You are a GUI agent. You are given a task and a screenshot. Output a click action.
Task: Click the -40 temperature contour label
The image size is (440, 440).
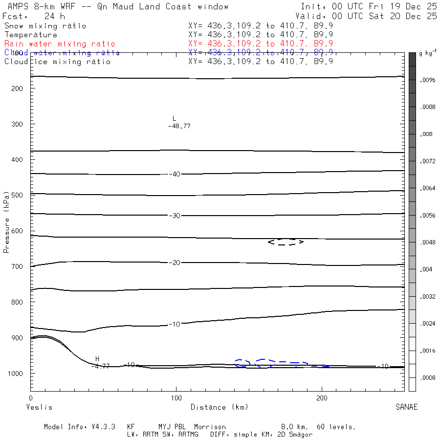pyautogui.click(x=174, y=174)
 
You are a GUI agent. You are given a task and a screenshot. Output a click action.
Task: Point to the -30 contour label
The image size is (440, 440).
pyautogui.click(x=174, y=216)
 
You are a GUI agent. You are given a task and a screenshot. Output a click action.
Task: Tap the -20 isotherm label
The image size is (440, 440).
pyautogui.click(x=174, y=263)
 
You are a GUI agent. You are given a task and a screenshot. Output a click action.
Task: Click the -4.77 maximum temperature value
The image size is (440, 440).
pyautogui.click(x=101, y=366)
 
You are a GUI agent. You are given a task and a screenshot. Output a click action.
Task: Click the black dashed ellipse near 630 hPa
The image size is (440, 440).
pyautogui.click(x=286, y=242)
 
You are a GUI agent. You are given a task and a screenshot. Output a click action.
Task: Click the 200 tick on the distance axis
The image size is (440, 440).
pyautogui.click(x=322, y=398)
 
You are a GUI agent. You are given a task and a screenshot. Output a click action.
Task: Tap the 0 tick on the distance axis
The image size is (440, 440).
pyautogui.click(x=31, y=398)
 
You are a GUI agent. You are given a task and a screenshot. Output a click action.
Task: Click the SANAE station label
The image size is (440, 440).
pyautogui.click(x=406, y=407)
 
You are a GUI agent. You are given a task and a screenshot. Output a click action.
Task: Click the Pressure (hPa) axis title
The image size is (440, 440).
pyautogui.click(x=6, y=228)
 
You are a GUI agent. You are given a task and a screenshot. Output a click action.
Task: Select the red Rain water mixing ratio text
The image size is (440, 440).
pyautogui.click(x=60, y=44)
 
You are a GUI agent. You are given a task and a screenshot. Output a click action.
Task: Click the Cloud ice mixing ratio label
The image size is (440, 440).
pyautogui.click(x=57, y=62)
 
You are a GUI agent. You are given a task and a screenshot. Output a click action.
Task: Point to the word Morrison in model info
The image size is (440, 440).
pyautogui.click(x=210, y=427)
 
